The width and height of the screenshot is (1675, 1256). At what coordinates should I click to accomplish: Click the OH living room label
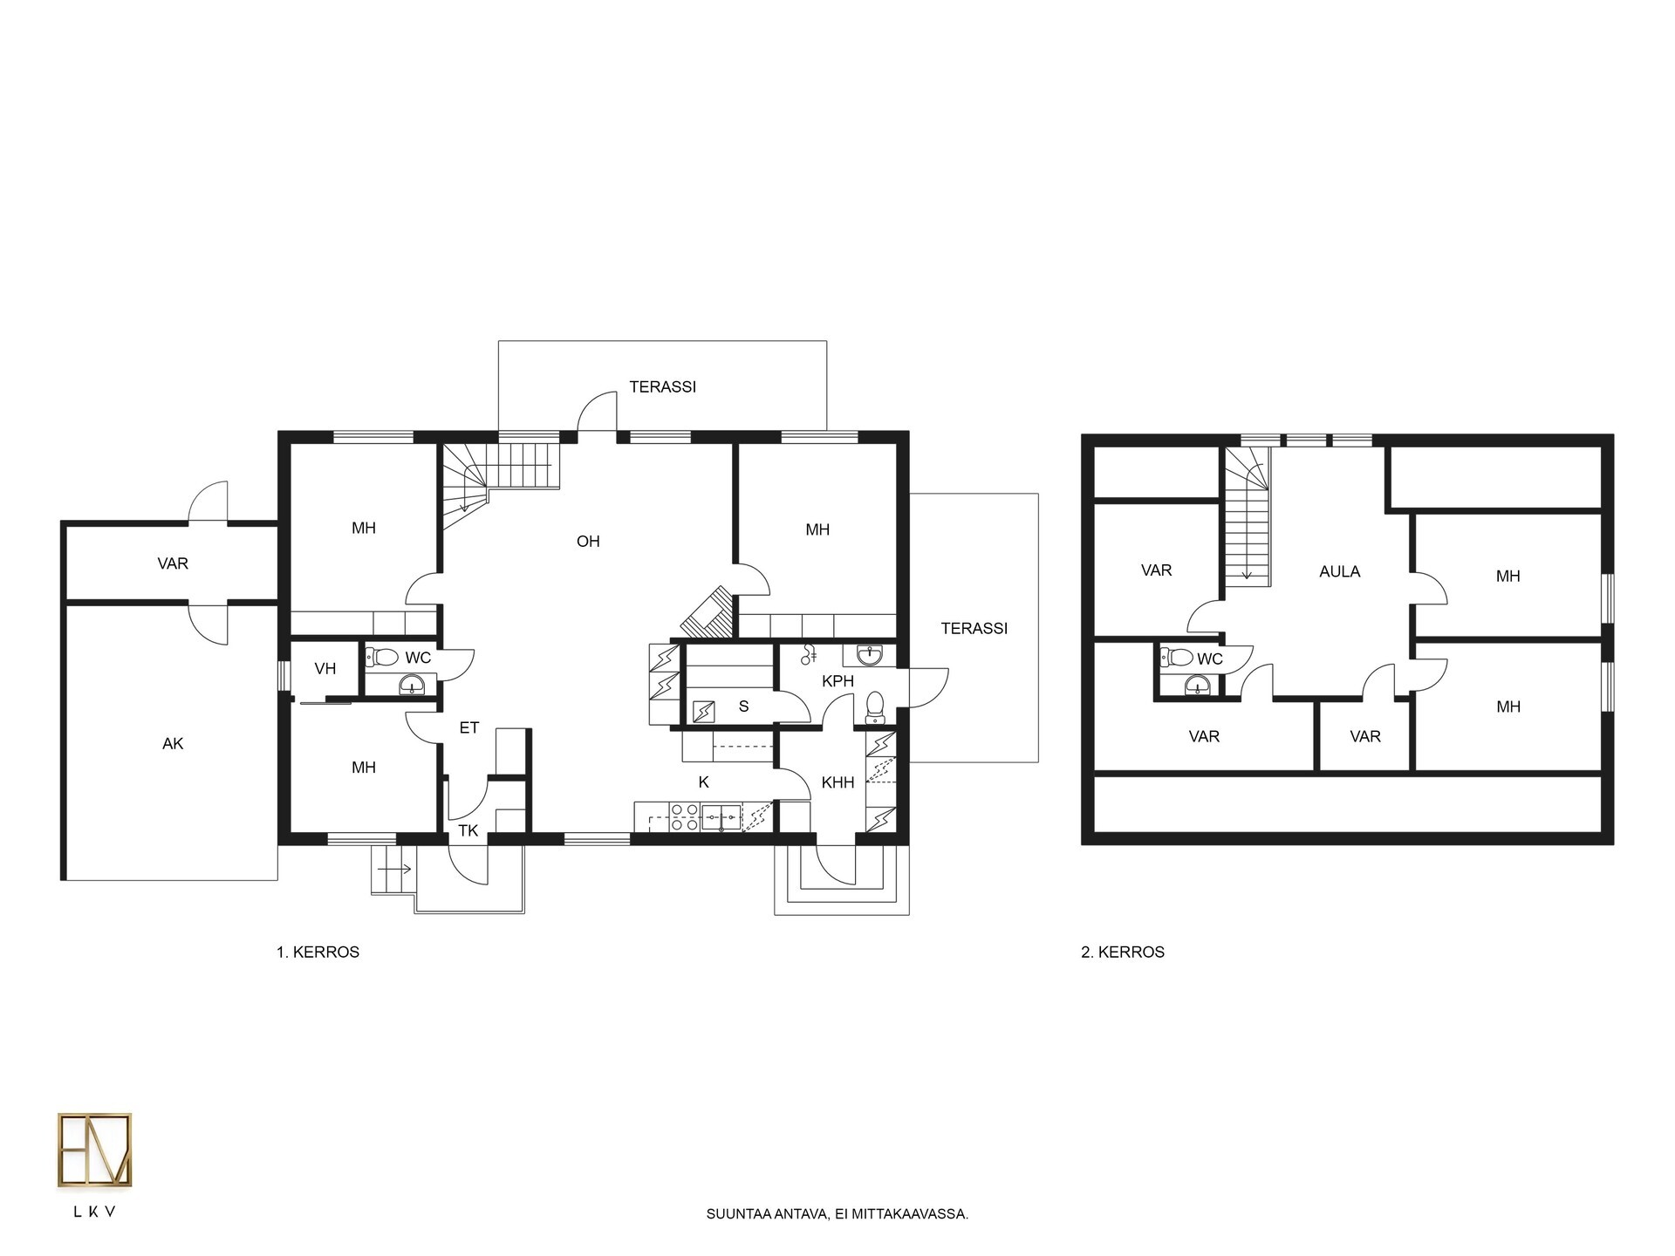588,542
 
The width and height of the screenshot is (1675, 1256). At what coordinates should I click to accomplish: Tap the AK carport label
173,744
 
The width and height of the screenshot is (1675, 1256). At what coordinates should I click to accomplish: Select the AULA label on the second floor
1339,572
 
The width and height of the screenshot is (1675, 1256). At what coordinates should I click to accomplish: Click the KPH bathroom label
837,681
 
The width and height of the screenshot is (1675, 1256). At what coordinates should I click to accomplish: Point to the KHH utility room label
837,783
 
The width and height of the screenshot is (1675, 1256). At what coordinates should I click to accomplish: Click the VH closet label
325,669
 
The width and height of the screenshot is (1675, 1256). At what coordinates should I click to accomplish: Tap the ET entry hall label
469,727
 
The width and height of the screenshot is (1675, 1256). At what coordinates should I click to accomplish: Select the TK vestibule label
468,830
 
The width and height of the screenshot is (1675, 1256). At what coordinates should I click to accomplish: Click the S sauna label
743,706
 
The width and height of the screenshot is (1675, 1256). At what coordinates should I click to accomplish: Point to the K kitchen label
703,782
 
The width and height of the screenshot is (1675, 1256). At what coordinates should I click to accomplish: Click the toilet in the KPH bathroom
875,707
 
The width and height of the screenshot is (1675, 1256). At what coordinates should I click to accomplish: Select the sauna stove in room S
702,712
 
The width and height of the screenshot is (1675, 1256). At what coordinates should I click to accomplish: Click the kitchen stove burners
684,817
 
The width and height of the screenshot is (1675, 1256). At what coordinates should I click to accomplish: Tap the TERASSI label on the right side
974,628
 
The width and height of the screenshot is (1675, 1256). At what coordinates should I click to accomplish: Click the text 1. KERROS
318,952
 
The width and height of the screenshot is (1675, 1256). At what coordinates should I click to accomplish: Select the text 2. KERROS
1123,952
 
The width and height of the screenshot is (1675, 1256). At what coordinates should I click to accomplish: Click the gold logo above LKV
95,1150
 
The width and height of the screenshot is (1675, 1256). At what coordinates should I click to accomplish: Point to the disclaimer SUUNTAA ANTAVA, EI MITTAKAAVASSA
837,1214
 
